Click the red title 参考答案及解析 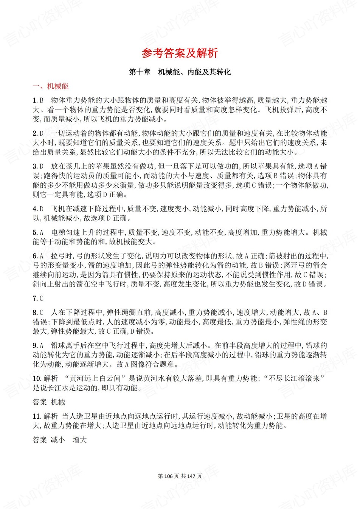pyautogui.click(x=180, y=53)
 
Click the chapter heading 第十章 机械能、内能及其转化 pyautogui.click(x=180, y=72)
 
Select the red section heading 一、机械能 pyautogui.click(x=50, y=86)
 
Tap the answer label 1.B pyautogui.click(x=38, y=100)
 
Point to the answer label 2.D pyautogui.click(x=38, y=133)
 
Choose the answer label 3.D pyautogui.click(x=38, y=166)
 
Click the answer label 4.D pyautogui.click(x=38, y=209)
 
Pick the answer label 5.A pyautogui.click(x=38, y=232)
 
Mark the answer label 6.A pyautogui.click(x=38, y=256)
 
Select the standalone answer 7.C pyautogui.click(x=38, y=299)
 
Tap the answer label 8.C pyautogui.click(x=38, y=313)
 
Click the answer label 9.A pyautogui.click(x=38, y=345)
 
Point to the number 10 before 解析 pyautogui.click(x=37, y=379)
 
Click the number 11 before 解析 pyautogui.click(x=37, y=416)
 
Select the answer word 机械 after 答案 pyautogui.click(x=58, y=402)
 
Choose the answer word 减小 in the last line pyautogui.click(x=58, y=440)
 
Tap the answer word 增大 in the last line pyautogui.click(x=80, y=440)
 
